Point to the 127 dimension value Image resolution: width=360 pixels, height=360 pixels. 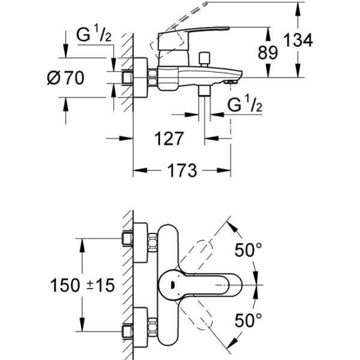[167, 139]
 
